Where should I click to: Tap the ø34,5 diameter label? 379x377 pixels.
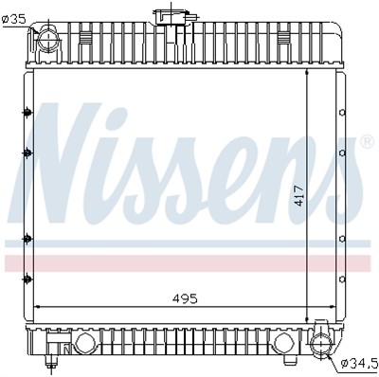(x=358, y=361)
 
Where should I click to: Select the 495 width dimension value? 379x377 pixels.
(x=185, y=298)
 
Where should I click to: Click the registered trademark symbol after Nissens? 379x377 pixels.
(x=365, y=143)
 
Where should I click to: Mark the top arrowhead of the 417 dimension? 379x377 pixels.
(x=309, y=72)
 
